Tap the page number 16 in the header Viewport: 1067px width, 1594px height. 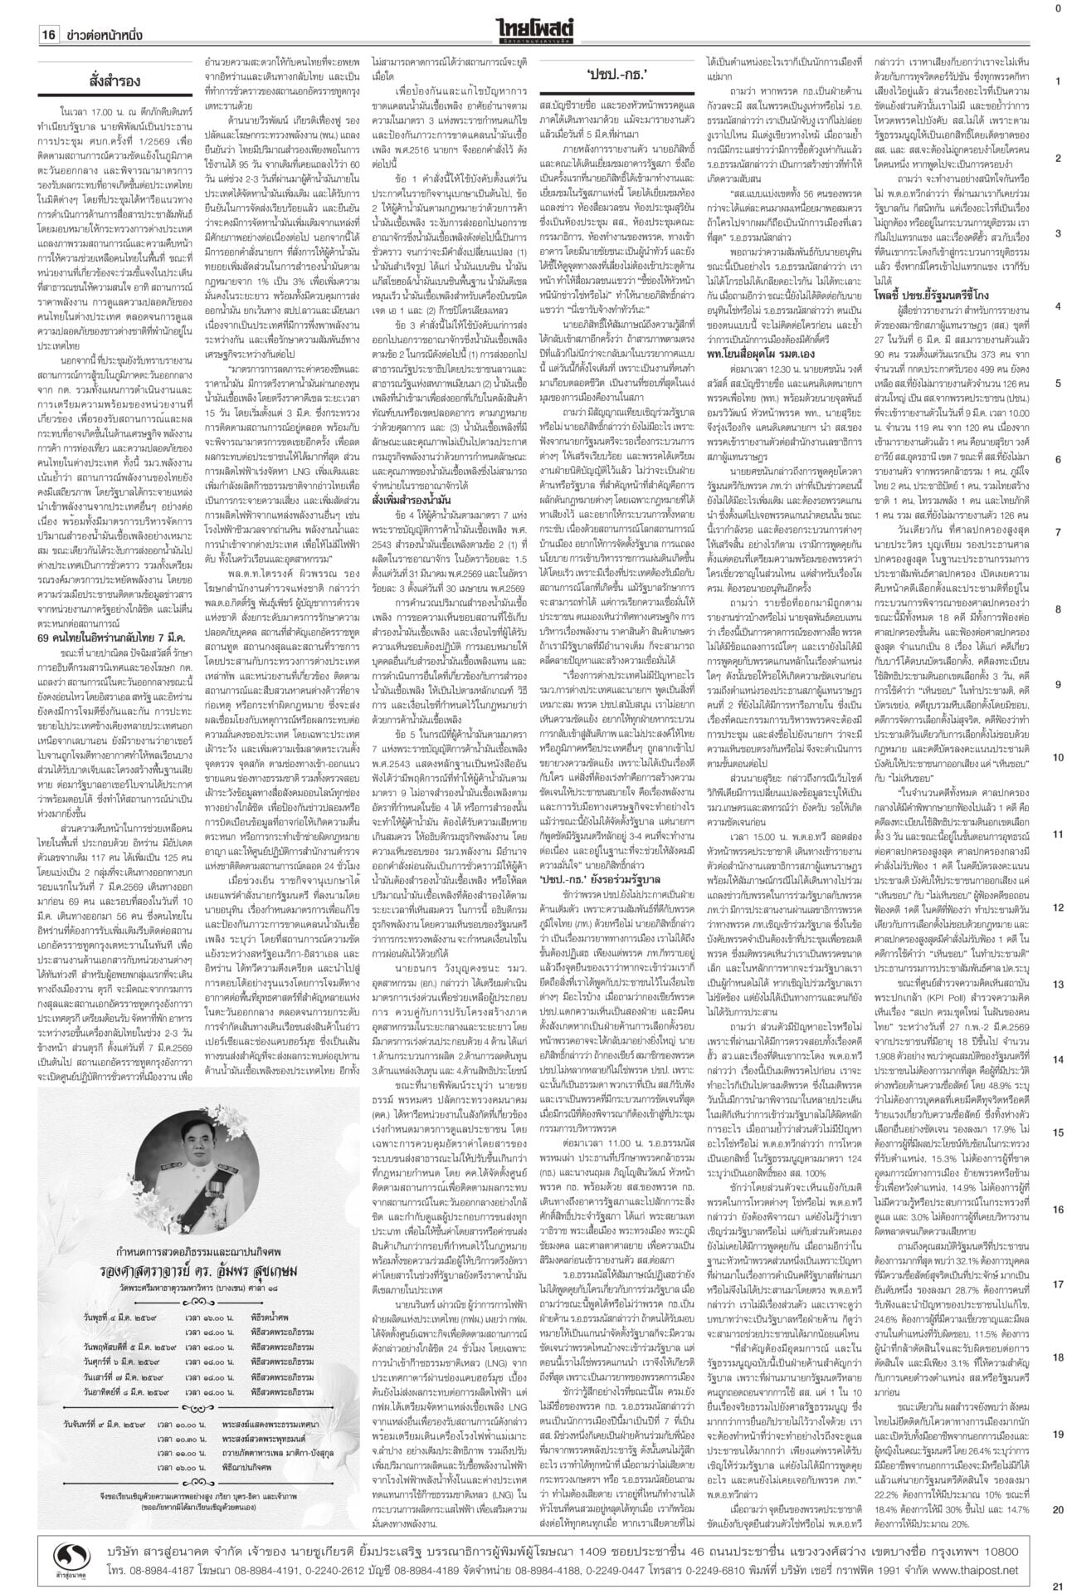[x=49, y=36]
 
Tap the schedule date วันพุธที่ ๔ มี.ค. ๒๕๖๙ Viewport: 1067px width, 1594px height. [x=132, y=1406]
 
